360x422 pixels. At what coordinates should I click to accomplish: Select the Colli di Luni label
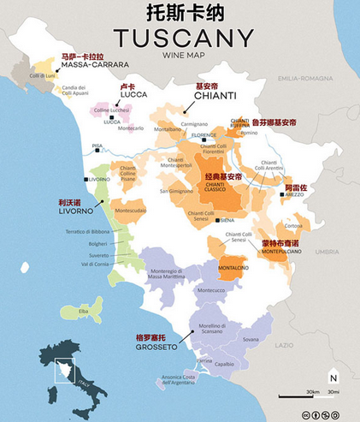(43, 76)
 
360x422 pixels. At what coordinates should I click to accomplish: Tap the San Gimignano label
(176, 191)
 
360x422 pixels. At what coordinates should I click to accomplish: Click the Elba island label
(84, 311)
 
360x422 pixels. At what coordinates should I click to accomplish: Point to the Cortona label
(294, 226)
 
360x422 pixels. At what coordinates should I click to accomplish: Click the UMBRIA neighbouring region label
(327, 253)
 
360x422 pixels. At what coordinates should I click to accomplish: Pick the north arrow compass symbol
(333, 377)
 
